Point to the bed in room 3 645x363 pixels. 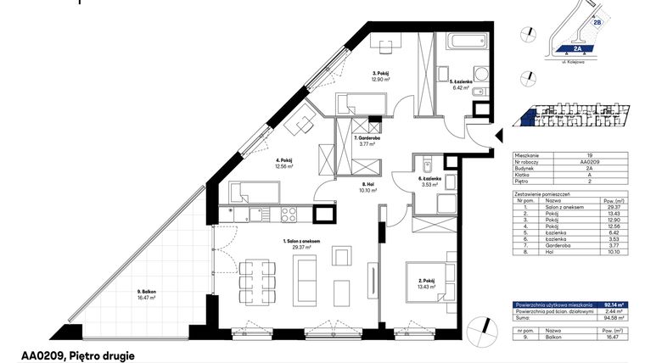tap(363, 103)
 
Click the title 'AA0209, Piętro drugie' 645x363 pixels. tap(77, 356)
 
